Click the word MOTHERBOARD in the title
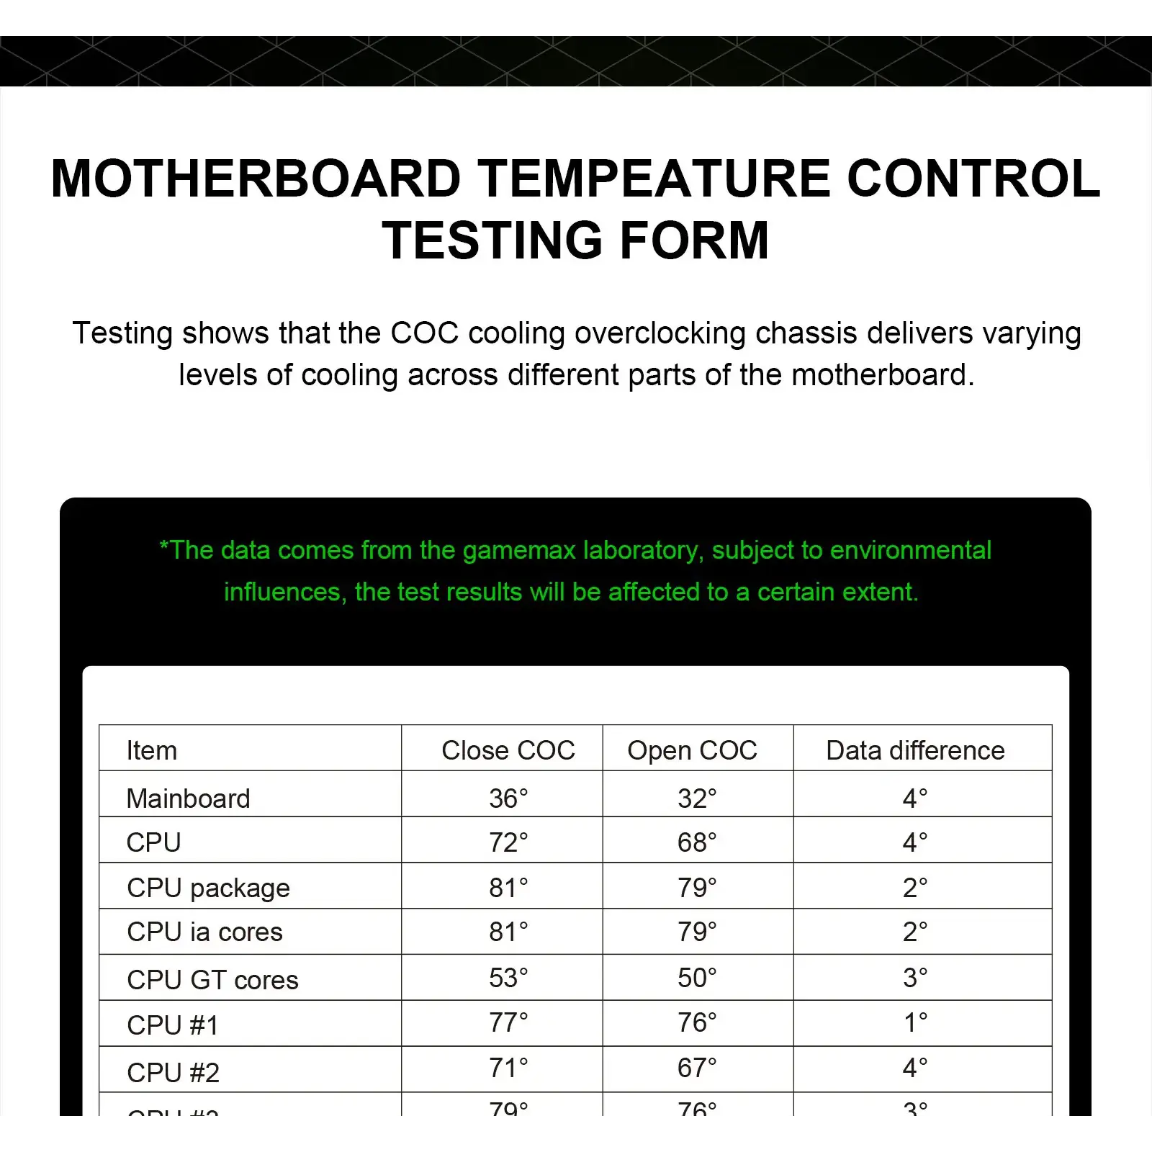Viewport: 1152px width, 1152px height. (x=256, y=179)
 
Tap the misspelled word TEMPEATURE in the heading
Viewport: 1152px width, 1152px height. (x=654, y=179)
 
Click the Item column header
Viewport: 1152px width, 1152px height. (x=151, y=750)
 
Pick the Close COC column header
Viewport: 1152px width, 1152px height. (x=508, y=750)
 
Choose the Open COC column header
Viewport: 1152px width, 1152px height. (x=692, y=750)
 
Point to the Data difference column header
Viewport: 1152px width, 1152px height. (x=915, y=750)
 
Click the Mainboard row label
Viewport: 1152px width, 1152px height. (x=188, y=798)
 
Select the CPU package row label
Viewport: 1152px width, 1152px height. (x=208, y=888)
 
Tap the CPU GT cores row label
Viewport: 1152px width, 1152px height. (x=212, y=980)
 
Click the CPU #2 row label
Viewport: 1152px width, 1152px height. (x=173, y=1072)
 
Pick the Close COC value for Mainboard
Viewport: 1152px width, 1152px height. (x=508, y=798)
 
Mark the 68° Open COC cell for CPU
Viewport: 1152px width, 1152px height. (x=697, y=842)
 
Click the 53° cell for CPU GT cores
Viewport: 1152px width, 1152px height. (x=508, y=978)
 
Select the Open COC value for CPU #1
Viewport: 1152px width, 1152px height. (x=697, y=1022)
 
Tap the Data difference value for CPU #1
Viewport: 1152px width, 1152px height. (x=915, y=1022)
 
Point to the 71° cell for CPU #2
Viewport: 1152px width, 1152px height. (x=508, y=1068)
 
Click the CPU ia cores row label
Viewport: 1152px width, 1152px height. (x=204, y=932)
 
